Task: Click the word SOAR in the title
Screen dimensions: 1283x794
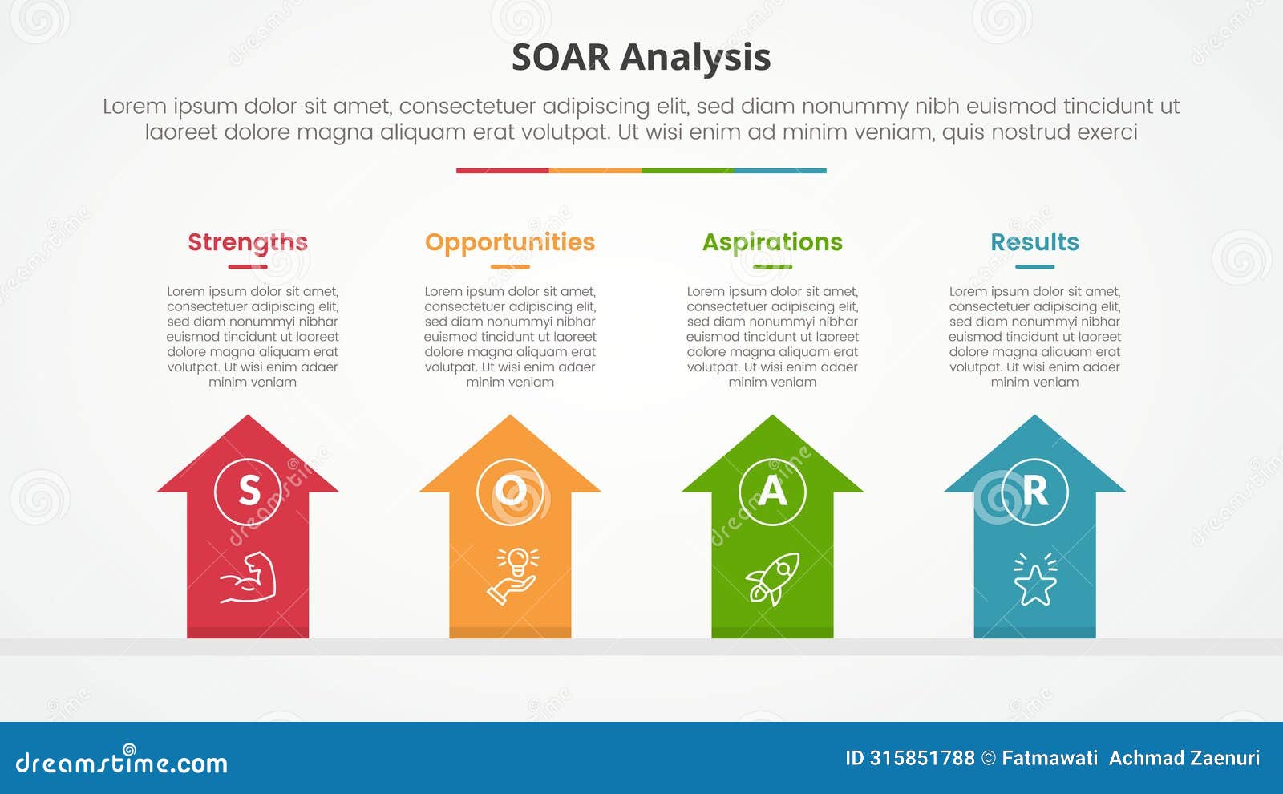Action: (561, 57)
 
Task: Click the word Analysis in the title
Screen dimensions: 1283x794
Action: (695, 59)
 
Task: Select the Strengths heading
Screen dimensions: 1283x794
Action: (248, 243)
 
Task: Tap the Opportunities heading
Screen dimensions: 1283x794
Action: (510, 243)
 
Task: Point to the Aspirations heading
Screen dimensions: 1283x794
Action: (772, 243)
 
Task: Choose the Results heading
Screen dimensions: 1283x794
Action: (1034, 242)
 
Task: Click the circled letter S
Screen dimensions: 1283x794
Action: (248, 492)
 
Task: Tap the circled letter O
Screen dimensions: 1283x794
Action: (510, 492)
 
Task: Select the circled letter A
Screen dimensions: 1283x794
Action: (772, 492)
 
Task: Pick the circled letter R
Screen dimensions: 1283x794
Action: (1034, 492)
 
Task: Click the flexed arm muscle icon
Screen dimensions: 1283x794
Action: (249, 577)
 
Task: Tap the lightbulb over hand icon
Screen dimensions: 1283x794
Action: (512, 577)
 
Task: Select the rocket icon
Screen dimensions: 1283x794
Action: (773, 578)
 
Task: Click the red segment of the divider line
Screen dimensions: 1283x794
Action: (502, 171)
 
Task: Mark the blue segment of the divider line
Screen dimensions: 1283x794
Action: (780, 171)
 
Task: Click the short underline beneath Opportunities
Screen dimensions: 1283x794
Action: (510, 267)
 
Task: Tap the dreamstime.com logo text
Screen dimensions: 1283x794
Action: (121, 762)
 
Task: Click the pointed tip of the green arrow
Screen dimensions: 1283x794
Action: (772, 415)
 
